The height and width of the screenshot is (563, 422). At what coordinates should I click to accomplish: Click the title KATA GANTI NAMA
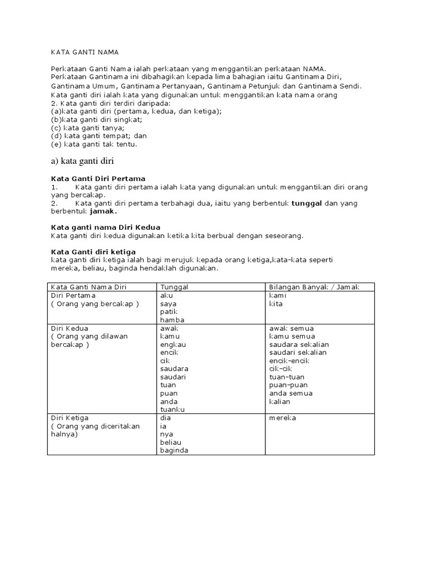85,52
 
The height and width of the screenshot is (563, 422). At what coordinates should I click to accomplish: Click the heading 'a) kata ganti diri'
82,161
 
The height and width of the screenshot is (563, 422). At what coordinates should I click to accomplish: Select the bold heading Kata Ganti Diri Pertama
98,179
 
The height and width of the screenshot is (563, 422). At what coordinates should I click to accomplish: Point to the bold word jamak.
103,211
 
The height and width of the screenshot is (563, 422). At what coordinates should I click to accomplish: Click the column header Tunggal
174,287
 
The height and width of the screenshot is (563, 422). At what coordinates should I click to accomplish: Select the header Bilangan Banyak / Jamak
314,287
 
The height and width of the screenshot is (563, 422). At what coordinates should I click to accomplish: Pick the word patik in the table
169,312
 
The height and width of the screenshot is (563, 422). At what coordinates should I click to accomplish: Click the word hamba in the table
172,320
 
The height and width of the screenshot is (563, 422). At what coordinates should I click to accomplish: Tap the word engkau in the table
173,344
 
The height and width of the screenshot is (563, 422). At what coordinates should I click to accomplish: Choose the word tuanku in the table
173,410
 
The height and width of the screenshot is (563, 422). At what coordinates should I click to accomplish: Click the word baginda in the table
174,450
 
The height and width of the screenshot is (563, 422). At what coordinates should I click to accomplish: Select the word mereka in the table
282,418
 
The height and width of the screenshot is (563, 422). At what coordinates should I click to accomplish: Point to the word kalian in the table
280,401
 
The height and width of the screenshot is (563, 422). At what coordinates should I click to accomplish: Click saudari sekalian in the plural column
298,352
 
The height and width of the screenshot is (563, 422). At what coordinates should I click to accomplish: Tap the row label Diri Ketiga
70,418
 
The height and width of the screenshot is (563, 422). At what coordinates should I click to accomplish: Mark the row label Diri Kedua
69,328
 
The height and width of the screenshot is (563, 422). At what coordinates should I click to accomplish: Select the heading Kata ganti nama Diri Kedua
105,227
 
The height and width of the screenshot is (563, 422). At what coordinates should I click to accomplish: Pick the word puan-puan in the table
288,385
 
